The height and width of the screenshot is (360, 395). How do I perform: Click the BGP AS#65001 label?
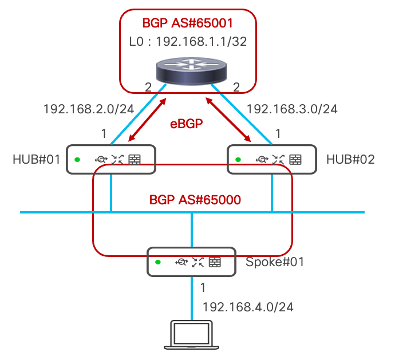click(187, 23)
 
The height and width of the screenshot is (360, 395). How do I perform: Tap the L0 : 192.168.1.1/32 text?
click(188, 42)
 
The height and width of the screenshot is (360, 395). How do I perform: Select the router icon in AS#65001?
click(191, 72)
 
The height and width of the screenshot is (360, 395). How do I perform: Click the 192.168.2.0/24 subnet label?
click(89, 109)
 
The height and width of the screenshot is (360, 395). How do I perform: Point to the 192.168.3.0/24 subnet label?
click(292, 109)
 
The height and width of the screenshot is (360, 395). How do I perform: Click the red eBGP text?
click(187, 124)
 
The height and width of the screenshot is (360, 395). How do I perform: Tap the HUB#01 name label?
click(37, 160)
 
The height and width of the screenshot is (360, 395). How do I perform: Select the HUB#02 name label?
click(350, 160)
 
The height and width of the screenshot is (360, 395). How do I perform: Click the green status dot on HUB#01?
click(77, 160)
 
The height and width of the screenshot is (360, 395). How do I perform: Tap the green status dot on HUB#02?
click(238, 160)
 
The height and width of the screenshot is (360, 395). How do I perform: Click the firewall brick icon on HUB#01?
click(135, 160)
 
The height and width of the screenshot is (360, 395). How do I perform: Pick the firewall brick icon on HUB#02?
click(295, 160)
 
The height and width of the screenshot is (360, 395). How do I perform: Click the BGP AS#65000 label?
click(195, 200)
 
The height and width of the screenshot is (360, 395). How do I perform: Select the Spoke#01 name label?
click(275, 262)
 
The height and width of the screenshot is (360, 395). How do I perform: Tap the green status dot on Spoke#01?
click(158, 262)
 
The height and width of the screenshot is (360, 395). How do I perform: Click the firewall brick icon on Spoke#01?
click(215, 262)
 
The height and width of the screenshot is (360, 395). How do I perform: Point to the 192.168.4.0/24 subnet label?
click(248, 307)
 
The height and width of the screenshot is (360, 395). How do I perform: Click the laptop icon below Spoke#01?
click(191, 335)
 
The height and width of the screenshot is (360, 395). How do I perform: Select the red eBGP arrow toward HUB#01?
click(147, 120)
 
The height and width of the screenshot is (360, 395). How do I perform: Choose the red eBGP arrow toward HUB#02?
click(228, 120)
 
